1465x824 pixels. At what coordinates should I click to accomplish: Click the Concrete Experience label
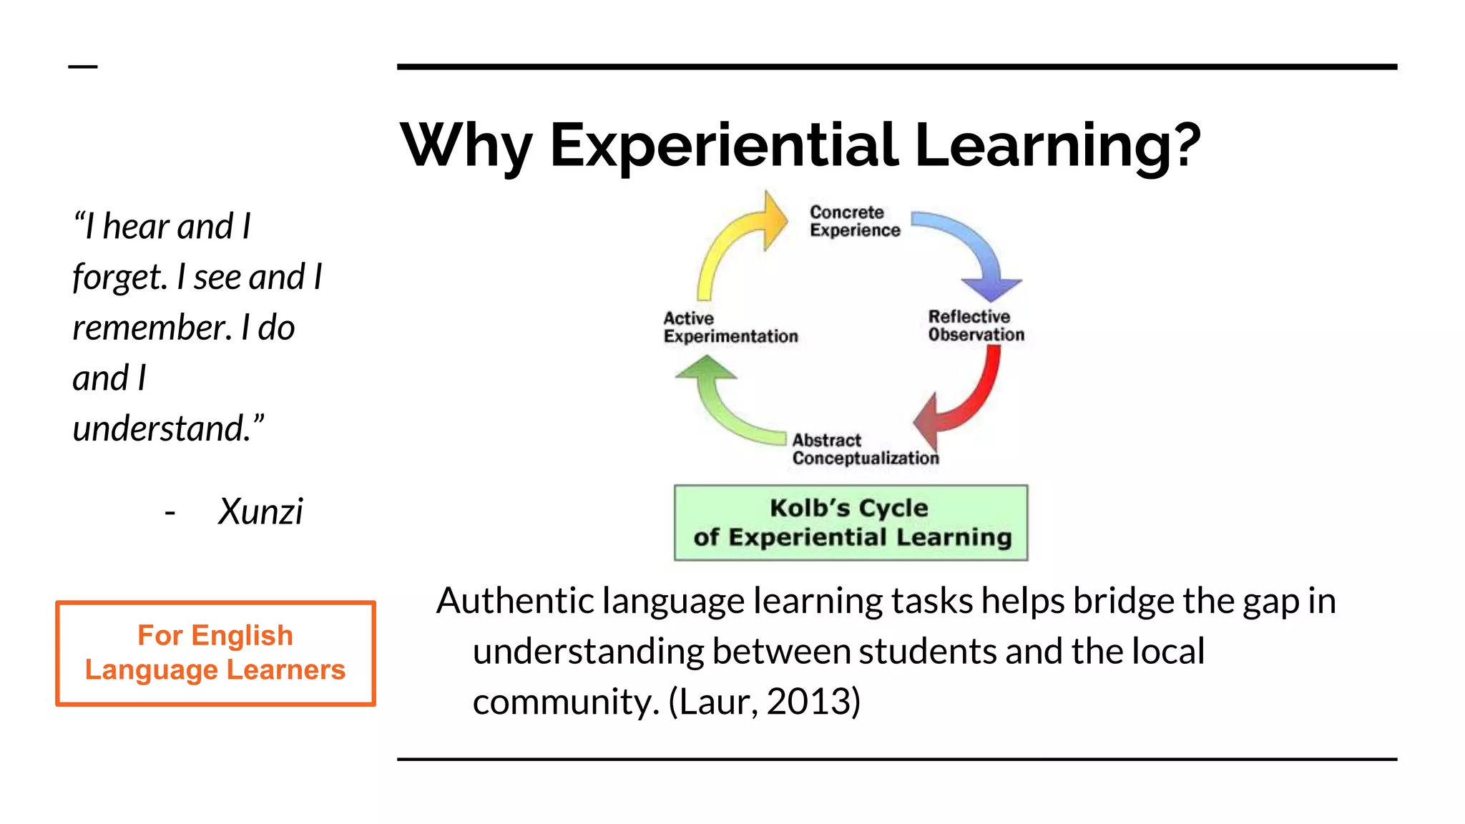(x=854, y=221)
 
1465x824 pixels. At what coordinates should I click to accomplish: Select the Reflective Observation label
(x=976, y=325)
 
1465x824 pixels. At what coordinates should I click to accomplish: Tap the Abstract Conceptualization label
(x=865, y=449)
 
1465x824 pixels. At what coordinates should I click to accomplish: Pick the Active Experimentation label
(x=730, y=328)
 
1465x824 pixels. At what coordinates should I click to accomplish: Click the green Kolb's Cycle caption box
(x=851, y=523)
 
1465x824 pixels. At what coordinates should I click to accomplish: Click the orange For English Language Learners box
(x=215, y=653)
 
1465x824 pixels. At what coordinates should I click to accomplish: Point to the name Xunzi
(x=260, y=511)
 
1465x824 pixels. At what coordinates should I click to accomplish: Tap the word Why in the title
(x=466, y=147)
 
